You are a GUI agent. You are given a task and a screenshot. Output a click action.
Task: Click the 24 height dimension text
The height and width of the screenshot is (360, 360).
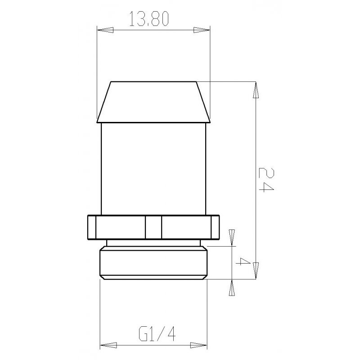(265, 179)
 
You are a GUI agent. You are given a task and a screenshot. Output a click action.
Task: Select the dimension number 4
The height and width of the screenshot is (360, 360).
(243, 262)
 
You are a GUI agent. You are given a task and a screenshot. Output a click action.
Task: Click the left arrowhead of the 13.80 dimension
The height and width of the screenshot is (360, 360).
(105, 30)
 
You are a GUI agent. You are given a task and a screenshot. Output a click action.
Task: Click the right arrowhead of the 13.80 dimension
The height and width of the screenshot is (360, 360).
(203, 30)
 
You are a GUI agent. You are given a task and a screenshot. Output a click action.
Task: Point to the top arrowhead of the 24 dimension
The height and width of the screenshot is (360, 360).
(256, 90)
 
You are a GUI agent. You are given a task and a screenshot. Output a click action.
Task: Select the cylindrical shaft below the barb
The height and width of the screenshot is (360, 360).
(153, 169)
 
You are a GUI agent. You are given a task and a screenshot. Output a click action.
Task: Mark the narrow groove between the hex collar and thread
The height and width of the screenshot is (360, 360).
(153, 243)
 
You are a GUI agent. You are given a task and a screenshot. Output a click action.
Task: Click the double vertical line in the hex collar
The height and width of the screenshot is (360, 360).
(153, 227)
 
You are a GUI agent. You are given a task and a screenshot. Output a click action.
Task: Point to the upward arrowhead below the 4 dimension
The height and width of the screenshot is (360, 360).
(232, 288)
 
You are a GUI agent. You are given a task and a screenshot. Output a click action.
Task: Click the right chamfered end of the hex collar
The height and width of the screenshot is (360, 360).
(217, 227)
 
